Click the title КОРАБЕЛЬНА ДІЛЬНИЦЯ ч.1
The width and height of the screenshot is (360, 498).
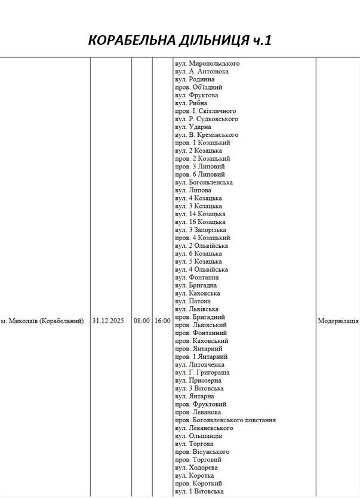pos(180,40)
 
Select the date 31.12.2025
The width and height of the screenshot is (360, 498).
pos(108,321)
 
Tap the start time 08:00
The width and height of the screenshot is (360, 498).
pos(141,321)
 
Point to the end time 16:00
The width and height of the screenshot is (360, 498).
pos(162,321)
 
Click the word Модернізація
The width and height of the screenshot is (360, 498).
pos(338,321)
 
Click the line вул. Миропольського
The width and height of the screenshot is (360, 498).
pos(207,63)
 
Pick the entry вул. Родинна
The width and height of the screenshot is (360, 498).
pos(195,79)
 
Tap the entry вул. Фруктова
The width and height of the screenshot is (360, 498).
pos(196,95)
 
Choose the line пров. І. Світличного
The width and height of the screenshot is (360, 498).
pos(205,111)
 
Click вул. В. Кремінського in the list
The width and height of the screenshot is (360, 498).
pos(207,135)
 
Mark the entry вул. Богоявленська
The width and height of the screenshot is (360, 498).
pos(204,182)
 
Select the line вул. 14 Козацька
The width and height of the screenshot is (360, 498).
pos(200,214)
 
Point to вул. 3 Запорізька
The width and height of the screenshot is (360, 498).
pos(201,230)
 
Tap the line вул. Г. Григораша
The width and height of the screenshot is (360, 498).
pos(202,373)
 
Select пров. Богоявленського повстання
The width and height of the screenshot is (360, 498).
pos(225,420)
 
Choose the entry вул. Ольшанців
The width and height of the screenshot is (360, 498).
pos(198,436)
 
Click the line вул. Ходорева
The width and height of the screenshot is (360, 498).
pos(196,468)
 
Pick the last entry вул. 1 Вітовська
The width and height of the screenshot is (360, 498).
pos(199,491)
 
